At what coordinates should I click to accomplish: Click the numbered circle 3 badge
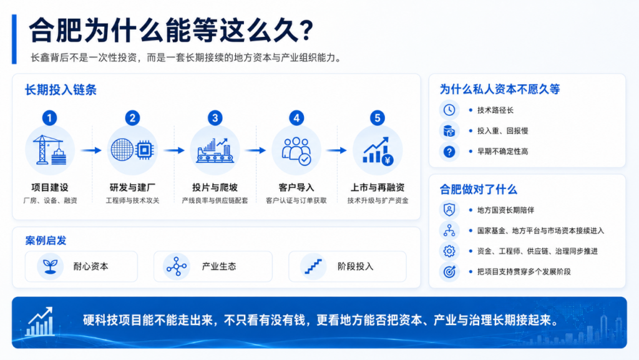[x=215, y=118]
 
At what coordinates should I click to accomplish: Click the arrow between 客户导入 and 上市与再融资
[x=336, y=151]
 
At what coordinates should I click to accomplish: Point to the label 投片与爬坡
[x=215, y=187]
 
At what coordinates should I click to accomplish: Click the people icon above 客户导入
[x=296, y=151]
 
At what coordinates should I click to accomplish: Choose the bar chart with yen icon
[x=378, y=151]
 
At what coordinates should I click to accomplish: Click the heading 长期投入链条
[x=61, y=90]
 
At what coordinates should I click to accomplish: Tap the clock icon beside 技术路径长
[x=449, y=110]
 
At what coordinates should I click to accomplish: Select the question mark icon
[x=449, y=152]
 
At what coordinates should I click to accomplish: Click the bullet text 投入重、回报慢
[x=502, y=131]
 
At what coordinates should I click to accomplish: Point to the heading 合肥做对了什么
[x=478, y=190]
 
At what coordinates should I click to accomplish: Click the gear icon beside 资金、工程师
[x=449, y=251]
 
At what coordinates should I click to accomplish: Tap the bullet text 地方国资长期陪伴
[x=505, y=210]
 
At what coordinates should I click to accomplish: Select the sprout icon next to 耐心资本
[x=50, y=266]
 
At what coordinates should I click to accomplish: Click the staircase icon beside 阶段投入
[x=313, y=267]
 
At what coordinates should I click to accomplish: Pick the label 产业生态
[x=219, y=266]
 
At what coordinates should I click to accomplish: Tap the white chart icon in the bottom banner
[x=40, y=322]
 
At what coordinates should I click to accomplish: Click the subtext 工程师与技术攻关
[x=132, y=200]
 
